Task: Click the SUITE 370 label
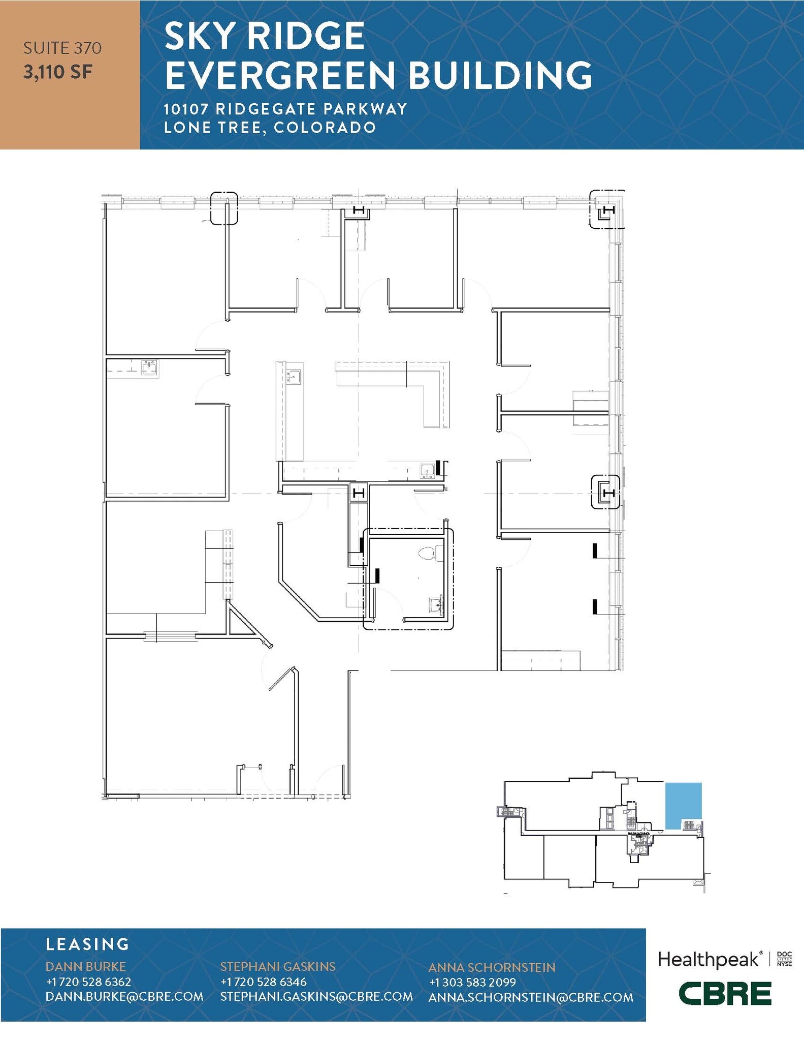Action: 62,48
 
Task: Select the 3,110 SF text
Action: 58,72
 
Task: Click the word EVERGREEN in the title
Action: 279,75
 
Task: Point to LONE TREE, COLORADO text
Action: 270,127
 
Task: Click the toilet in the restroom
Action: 428,554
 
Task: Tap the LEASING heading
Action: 87,944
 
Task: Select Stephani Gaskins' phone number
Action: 263,982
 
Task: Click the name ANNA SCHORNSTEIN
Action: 492,967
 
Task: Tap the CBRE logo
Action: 725,994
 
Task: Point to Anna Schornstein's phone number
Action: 472,982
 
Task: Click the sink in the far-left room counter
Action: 149,366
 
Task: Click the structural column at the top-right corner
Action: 607,210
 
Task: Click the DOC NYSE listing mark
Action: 784,959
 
